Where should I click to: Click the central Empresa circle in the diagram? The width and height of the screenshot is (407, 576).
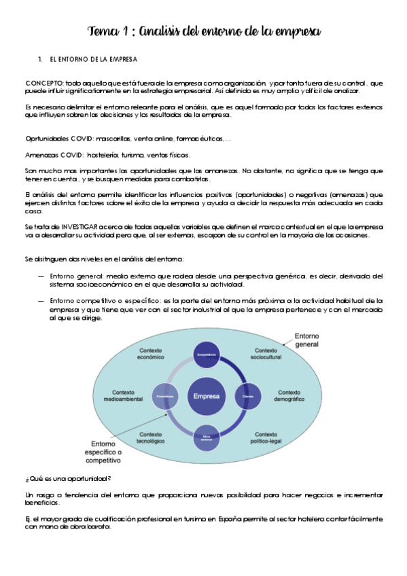pos(206,395)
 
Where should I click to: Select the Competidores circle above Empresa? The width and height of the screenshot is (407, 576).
pos(206,356)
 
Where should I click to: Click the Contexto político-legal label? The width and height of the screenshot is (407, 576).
pos(269,438)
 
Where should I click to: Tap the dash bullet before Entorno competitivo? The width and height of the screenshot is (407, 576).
pos(41,300)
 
